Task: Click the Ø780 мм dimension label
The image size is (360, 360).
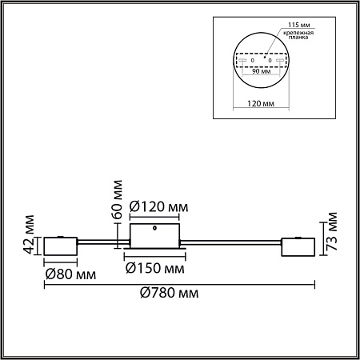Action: [166, 294]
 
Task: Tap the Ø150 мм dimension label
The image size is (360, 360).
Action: [154, 267]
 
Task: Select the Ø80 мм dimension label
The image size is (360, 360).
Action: [70, 274]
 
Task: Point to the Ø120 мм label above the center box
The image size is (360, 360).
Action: [159, 207]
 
